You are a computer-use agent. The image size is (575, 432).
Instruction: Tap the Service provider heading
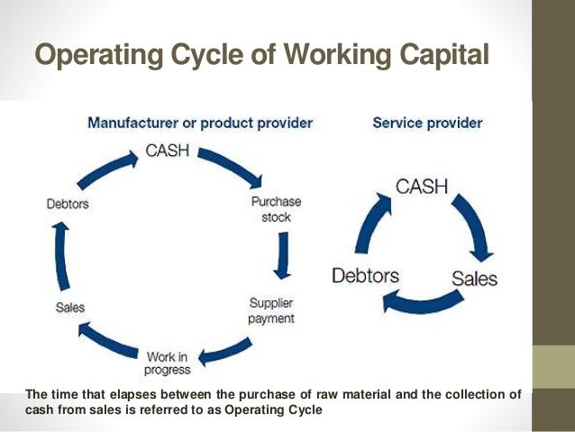tap(427, 122)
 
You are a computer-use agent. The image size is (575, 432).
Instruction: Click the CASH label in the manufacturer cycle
tap(168, 151)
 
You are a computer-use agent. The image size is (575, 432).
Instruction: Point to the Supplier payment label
tap(271, 309)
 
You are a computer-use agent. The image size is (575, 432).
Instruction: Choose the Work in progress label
tap(167, 363)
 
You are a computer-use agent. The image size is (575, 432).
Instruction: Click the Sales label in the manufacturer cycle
tap(69, 308)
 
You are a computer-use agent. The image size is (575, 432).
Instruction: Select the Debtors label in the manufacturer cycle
tap(68, 204)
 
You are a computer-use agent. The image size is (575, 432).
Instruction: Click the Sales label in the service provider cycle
tap(474, 278)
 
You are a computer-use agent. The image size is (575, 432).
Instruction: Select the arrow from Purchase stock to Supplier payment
tap(283, 256)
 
